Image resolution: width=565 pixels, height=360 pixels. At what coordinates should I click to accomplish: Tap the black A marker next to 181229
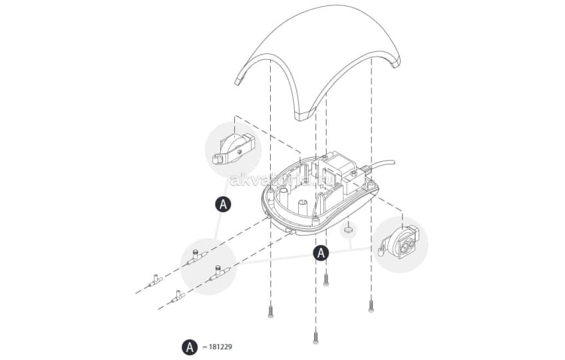[190, 347]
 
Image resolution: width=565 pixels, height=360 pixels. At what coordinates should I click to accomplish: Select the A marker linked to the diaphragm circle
[224, 204]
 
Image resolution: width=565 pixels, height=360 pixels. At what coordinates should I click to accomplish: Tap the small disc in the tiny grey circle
[347, 231]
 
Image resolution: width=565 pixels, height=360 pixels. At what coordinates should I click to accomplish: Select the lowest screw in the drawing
[315, 336]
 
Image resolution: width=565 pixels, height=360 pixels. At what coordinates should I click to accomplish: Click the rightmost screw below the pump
[371, 305]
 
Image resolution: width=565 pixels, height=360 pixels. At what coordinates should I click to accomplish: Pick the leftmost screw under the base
[270, 309]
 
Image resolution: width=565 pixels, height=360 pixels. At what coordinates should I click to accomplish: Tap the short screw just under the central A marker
[326, 279]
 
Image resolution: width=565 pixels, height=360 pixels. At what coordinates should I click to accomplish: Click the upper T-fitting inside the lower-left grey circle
[198, 256]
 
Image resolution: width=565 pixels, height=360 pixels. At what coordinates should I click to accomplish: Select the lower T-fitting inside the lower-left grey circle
[218, 271]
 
